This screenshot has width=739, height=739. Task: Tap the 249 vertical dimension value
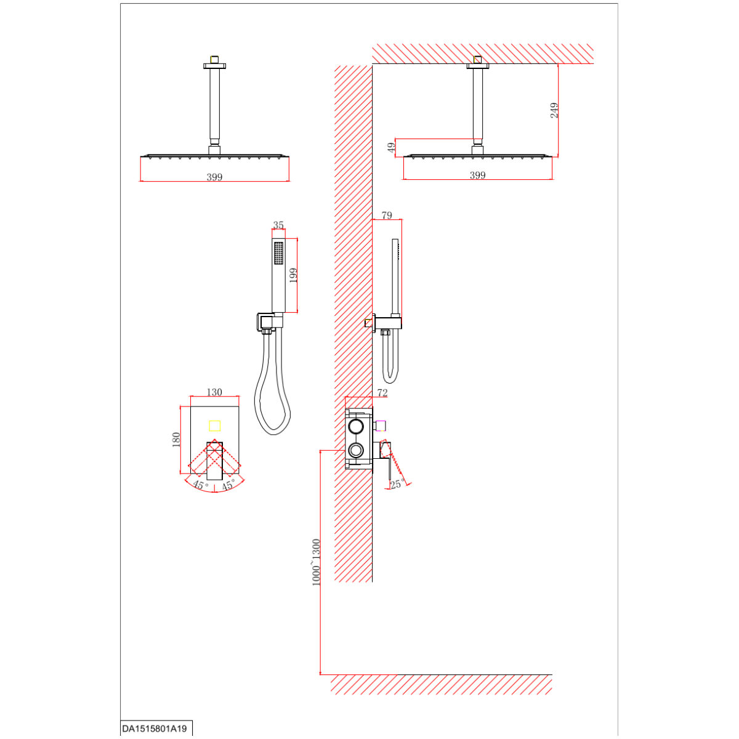click(x=554, y=110)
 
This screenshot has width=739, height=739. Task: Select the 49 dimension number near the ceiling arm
click(x=391, y=148)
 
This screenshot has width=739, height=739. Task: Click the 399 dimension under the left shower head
click(x=214, y=177)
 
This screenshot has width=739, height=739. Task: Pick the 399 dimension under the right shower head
click(x=477, y=175)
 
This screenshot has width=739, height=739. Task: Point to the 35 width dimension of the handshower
click(x=278, y=225)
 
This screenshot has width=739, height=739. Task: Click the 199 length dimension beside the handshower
click(x=293, y=275)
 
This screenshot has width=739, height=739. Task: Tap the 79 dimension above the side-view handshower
click(x=387, y=215)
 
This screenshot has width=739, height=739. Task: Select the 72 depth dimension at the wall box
click(x=382, y=392)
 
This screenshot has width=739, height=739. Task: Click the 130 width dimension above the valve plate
click(x=214, y=392)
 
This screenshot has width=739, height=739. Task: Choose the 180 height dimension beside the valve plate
click(x=176, y=440)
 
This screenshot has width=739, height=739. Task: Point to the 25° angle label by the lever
click(x=398, y=484)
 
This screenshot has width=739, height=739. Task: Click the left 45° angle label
click(x=201, y=485)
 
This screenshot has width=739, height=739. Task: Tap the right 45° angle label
click(x=228, y=485)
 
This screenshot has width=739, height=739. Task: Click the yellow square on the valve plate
click(x=214, y=426)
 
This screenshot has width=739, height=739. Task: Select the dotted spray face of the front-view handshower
click(x=279, y=252)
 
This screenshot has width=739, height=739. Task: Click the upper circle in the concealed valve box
click(x=355, y=426)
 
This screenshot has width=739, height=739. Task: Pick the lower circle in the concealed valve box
click(x=355, y=450)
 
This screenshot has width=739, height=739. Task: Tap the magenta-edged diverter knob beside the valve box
click(x=381, y=426)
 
